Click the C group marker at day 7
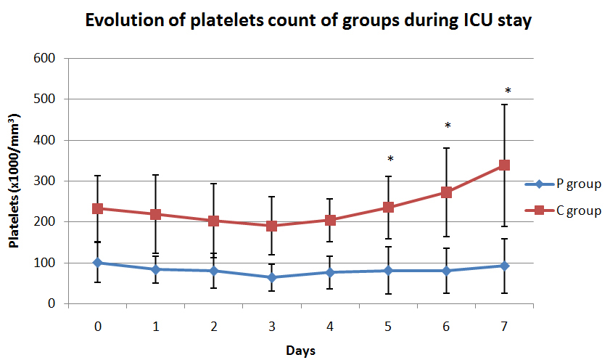504,165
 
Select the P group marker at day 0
97,263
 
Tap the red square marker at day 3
271,226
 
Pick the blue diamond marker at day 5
388,271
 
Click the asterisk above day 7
508,91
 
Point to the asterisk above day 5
390,160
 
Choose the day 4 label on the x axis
330,327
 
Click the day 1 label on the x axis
155,327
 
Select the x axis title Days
300,350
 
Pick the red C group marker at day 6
446,192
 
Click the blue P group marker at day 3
271,277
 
